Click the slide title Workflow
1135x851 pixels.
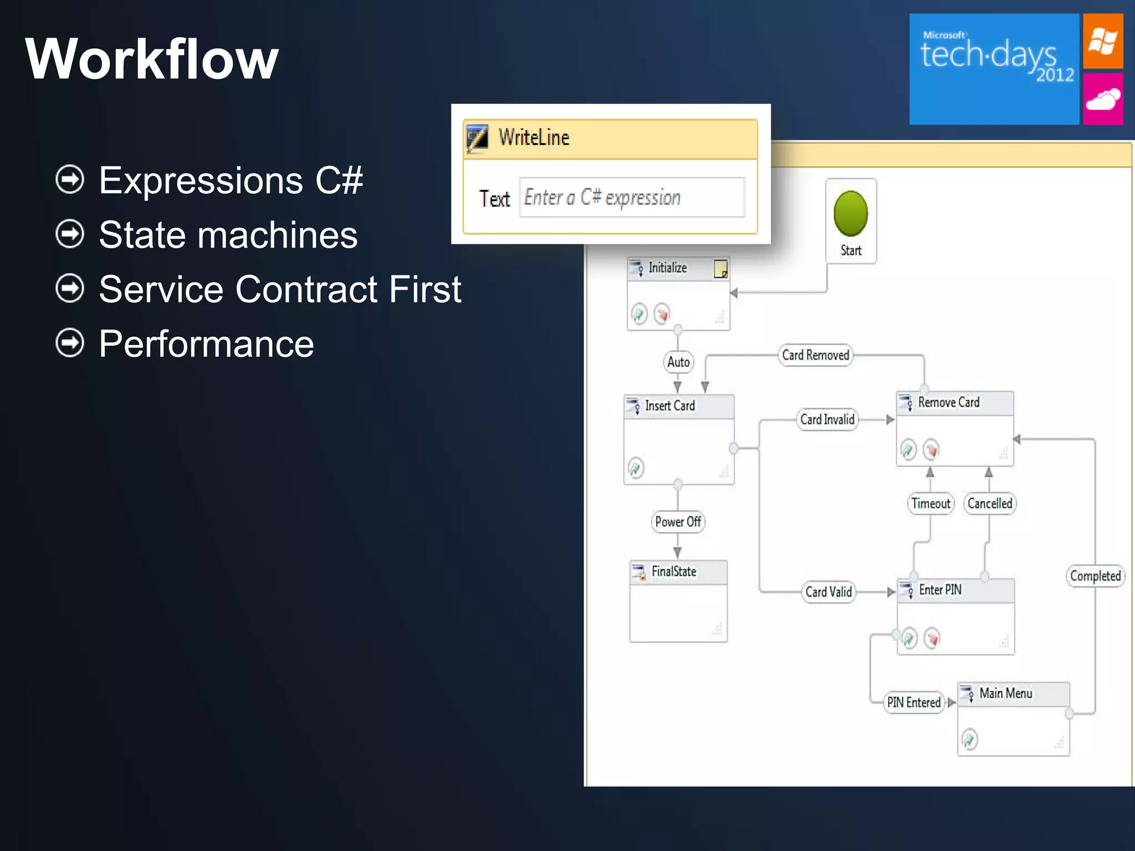[151, 59]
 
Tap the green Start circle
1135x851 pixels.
[850, 213]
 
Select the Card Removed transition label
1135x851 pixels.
[815, 355]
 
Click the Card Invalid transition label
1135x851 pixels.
[827, 419]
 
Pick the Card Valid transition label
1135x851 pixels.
[829, 592]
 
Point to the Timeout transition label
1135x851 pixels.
[931, 504]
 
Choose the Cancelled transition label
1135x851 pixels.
[990, 504]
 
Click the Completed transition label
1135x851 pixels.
[1095, 576]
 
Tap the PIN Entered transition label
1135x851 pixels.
[913, 703]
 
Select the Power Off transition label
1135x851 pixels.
[678, 522]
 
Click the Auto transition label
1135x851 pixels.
[678, 362]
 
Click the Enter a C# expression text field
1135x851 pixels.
[631, 198]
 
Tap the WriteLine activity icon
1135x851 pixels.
[477, 137]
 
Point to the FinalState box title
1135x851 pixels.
[673, 571]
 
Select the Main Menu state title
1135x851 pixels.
[1005, 694]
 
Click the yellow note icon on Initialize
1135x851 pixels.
[720, 269]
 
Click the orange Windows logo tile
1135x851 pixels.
[1102, 41]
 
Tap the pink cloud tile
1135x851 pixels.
[1102, 100]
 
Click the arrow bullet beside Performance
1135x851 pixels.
[70, 344]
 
